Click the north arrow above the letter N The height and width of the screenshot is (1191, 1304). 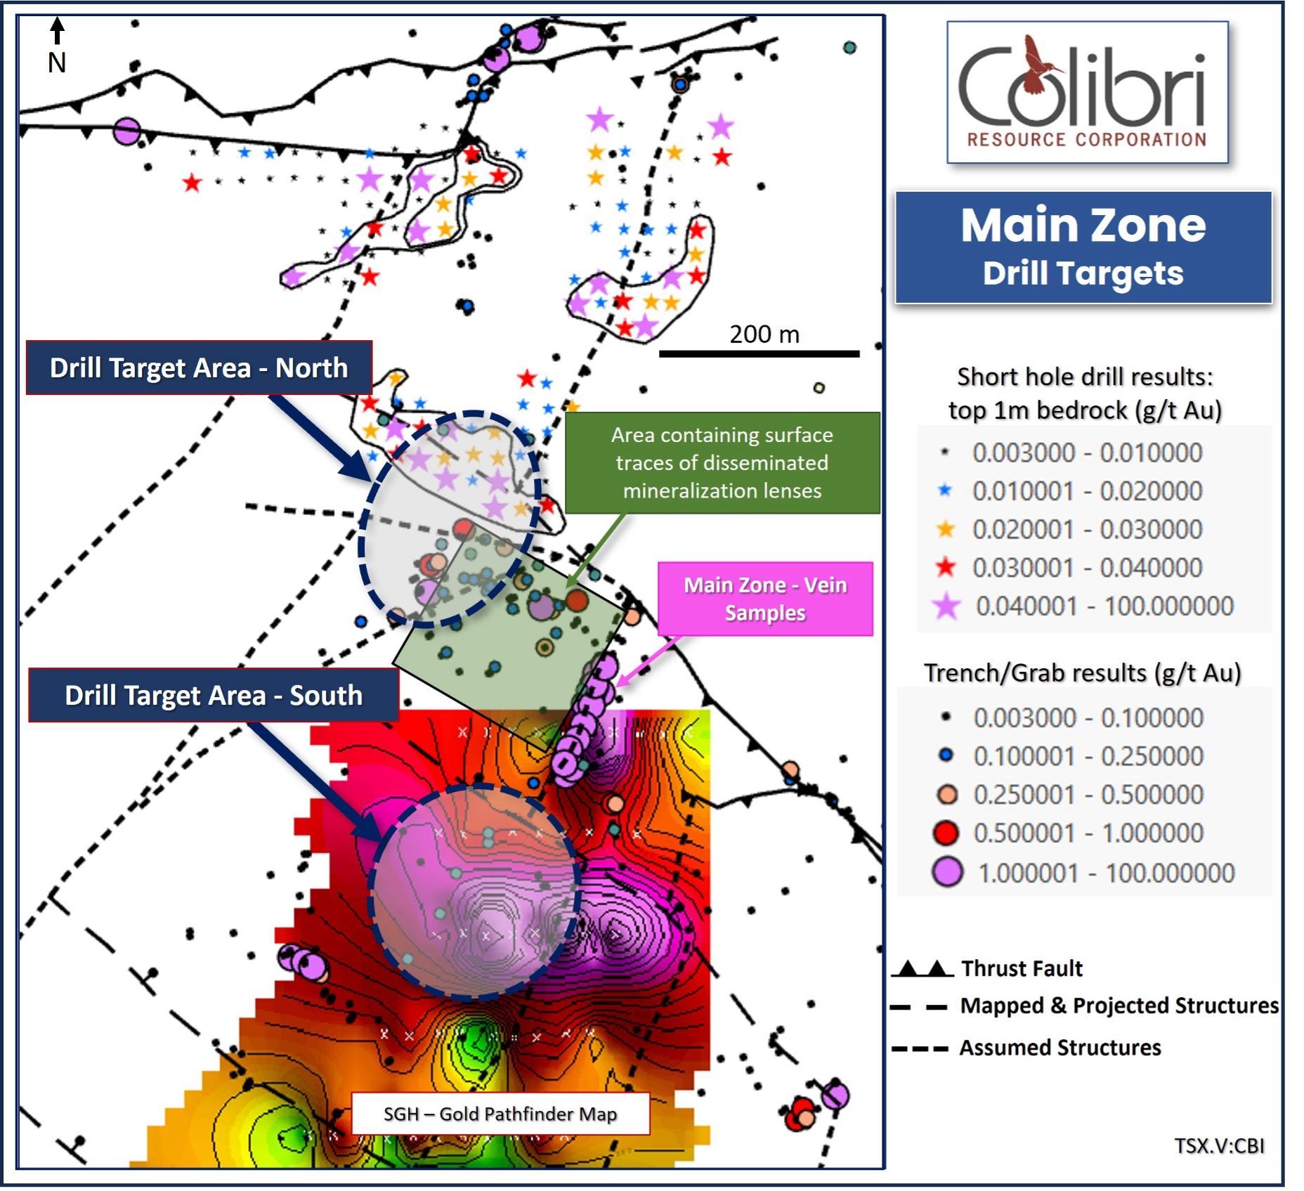coord(58,31)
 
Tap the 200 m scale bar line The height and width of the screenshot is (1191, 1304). coord(759,353)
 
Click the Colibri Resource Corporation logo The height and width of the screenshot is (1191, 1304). coord(1087,92)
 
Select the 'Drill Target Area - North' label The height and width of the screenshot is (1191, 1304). coord(199,367)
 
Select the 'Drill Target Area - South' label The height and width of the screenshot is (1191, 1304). coord(214,695)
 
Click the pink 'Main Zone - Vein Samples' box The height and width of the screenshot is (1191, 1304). coord(765,599)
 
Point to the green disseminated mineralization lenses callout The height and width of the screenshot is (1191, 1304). coord(722,462)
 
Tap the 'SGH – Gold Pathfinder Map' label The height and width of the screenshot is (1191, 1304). coord(500,1114)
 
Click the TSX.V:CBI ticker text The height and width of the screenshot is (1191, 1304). coord(1219,1146)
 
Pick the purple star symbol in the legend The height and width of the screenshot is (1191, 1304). coord(946,606)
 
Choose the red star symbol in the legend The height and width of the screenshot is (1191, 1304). coord(946,567)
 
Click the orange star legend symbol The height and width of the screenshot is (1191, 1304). coord(946,528)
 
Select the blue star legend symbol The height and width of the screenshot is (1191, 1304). coord(945,490)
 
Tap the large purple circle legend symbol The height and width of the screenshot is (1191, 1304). coord(946,872)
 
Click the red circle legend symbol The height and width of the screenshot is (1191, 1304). coord(946,833)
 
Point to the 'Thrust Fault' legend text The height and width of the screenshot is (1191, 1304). coord(1022,968)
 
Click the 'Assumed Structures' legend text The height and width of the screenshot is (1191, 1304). coord(1060,1048)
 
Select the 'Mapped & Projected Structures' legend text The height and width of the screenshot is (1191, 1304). coord(1119,1005)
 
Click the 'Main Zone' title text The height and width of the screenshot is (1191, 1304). coord(1083,226)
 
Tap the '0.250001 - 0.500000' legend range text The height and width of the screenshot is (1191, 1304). coord(1088,795)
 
